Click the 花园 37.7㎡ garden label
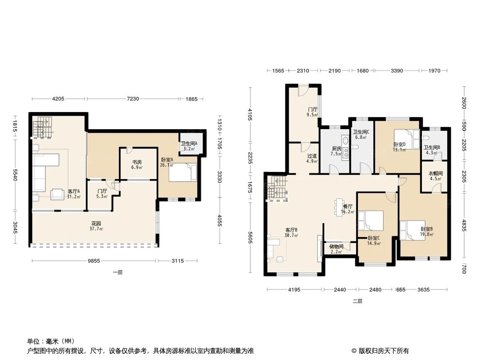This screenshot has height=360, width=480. point(95,225)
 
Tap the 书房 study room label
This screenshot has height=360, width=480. point(137,165)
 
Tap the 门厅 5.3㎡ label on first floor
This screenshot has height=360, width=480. point(102,193)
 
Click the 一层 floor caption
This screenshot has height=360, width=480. point(118,272)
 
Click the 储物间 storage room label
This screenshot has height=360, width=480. point(336,249)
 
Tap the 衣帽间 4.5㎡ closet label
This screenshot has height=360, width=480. point(435,175)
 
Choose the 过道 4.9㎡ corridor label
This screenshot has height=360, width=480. point(312,158)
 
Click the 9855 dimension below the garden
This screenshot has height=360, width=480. point(93,261)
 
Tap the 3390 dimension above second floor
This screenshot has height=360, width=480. point(397,71)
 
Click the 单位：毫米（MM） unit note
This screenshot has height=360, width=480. point(51,341)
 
